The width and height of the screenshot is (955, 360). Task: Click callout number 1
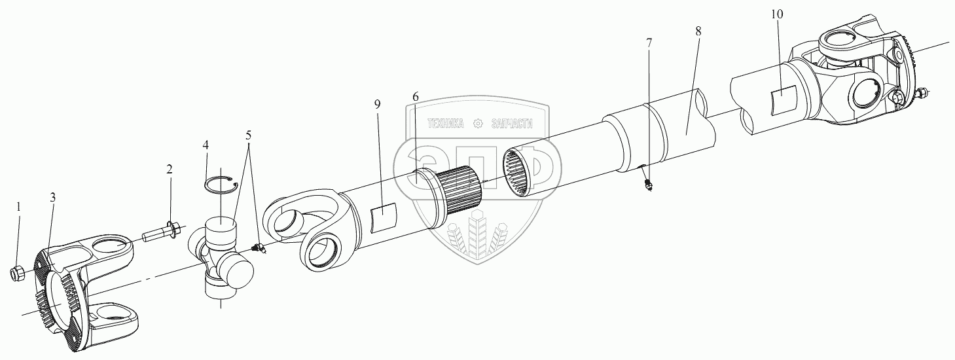(x=18, y=206)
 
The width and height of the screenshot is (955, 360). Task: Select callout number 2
(x=169, y=170)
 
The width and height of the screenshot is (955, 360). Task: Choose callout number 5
(x=248, y=135)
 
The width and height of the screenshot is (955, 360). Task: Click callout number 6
(x=415, y=97)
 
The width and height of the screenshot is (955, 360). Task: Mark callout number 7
(x=649, y=43)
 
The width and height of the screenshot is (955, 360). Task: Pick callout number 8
(x=698, y=31)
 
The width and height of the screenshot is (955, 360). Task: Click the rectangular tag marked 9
(x=384, y=217)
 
